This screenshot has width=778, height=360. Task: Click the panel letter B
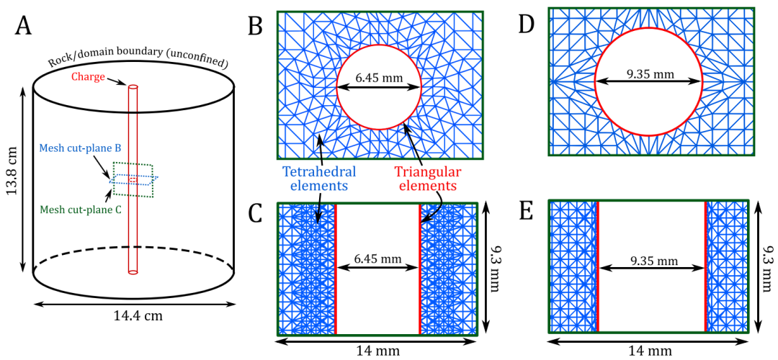pyautogui.click(x=255, y=27)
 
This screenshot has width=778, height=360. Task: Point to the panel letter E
pyautogui.click(x=526, y=213)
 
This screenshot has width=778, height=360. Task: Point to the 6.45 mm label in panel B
pyautogui.click(x=378, y=76)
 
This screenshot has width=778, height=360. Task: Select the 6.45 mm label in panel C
pyautogui.click(x=377, y=257)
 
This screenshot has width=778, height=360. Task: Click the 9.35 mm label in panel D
pyautogui.click(x=649, y=73)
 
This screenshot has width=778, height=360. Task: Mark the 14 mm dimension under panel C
pyautogui.click(x=377, y=350)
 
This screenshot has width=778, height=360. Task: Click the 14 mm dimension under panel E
pyautogui.click(x=651, y=350)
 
